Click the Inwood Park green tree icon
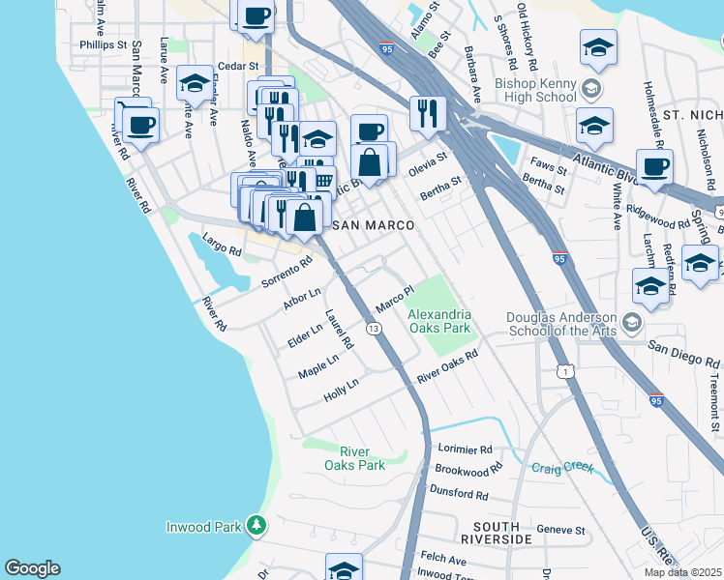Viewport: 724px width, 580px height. point(256,526)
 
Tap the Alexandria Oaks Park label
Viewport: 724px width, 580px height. point(438,321)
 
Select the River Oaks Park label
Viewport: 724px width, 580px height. point(362,458)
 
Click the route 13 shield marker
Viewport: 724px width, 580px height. point(373,330)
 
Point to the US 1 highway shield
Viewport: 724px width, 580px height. point(563,370)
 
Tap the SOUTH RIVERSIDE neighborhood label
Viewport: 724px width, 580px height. point(496,537)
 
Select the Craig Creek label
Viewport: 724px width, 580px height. point(562,467)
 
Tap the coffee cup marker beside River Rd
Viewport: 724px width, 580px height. point(141,124)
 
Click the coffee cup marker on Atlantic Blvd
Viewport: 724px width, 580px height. point(654,165)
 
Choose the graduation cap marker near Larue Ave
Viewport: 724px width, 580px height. point(195,84)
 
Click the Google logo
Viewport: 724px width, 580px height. point(32,568)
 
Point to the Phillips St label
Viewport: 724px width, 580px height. point(104,44)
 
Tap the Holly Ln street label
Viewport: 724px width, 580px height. point(341,389)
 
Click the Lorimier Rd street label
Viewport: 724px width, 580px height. point(465,449)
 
